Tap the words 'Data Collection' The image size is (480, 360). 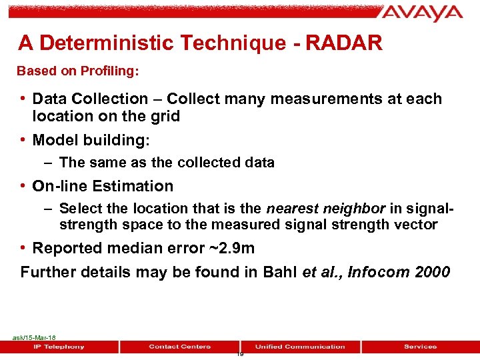pos(90,99)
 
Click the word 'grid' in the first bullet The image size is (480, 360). pos(166,116)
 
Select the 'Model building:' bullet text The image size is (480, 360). pos(91,140)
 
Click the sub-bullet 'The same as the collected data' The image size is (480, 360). pos(167,163)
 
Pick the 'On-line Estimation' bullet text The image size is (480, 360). pos(103,186)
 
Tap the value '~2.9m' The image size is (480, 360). pos(232,248)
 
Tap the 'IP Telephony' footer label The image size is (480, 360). pos(60,347)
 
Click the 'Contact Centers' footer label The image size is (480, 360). pos(180,347)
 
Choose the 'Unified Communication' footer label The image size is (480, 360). pos(300,347)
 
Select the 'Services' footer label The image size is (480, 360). pos(420,347)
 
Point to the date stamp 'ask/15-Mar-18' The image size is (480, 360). pos(33,338)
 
